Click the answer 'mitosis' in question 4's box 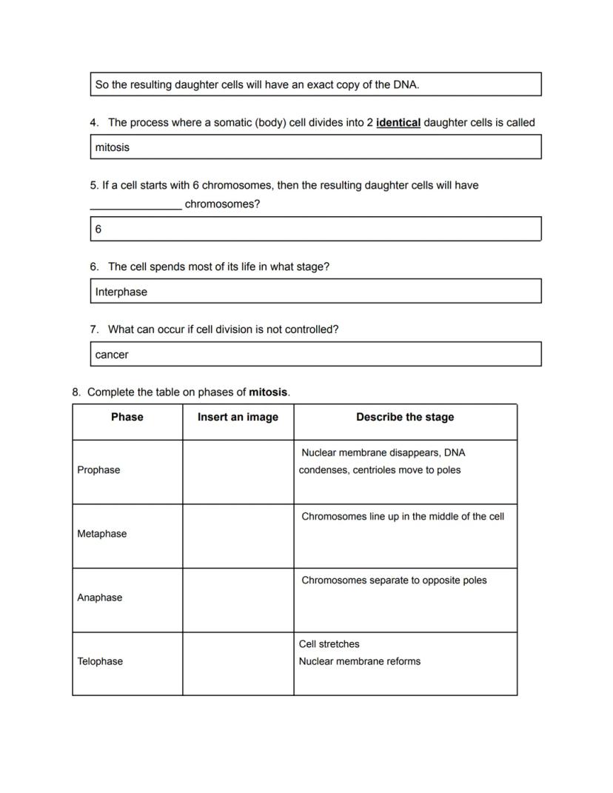click(112, 147)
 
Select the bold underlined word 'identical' click(398, 123)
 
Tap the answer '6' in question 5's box click(98, 230)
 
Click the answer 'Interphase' click(121, 292)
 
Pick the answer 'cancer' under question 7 click(112, 355)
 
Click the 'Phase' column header click(127, 418)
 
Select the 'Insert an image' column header click(238, 418)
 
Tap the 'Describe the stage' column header click(405, 418)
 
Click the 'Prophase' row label click(98, 470)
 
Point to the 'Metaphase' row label click(101, 534)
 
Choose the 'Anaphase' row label click(99, 598)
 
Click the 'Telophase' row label click(100, 661)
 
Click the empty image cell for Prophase click(238, 472)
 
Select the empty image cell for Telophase click(238, 663)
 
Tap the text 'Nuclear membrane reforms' click(359, 661)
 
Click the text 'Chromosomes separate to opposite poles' click(394, 580)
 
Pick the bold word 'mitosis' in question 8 click(267, 392)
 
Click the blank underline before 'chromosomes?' click(135, 205)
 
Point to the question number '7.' click(94, 329)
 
